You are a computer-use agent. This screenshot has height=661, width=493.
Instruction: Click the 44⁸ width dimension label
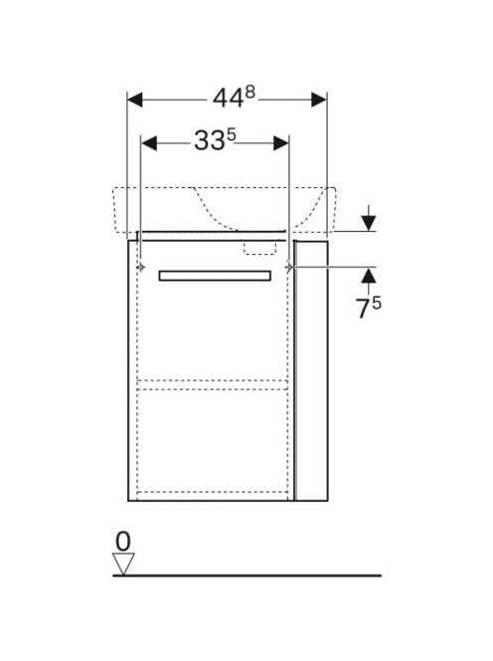pyautogui.click(x=235, y=98)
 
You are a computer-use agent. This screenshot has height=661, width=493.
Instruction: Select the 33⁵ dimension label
pyautogui.click(x=215, y=140)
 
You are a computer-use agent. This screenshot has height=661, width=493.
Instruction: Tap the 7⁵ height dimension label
pyautogui.click(x=369, y=308)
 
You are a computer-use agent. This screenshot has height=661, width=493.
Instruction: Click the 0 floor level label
pyautogui.click(x=123, y=542)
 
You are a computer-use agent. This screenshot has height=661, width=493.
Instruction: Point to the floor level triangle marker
pyautogui.click(x=123, y=563)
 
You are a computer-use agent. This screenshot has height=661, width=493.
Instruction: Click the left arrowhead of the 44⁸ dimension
pyautogui.click(x=135, y=100)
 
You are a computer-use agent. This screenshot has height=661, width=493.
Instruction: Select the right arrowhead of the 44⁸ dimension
pyautogui.click(x=319, y=100)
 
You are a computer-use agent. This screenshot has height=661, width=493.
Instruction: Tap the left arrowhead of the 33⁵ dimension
pyautogui.click(x=149, y=143)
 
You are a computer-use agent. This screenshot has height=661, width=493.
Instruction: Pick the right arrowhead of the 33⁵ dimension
pyautogui.click(x=281, y=143)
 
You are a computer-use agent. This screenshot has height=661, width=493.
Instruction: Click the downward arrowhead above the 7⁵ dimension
pyautogui.click(x=369, y=223)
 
